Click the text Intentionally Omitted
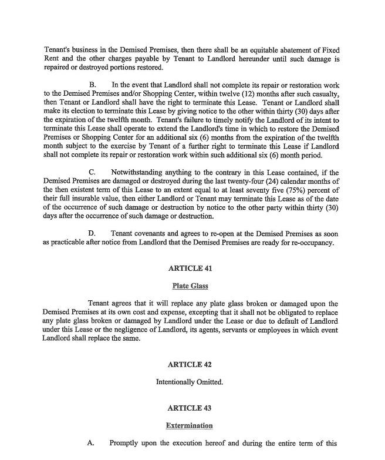(x=189, y=382)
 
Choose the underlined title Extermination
(x=189, y=425)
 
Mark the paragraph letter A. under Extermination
(x=91, y=443)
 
